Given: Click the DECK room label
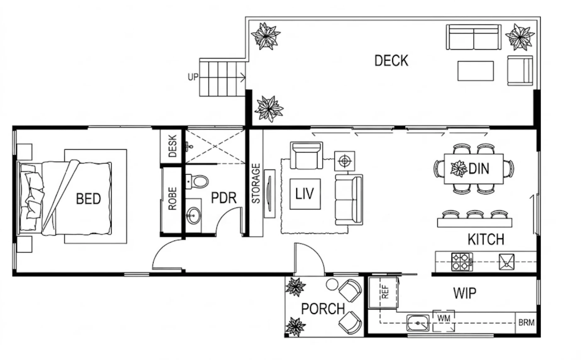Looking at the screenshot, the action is pyautogui.click(x=391, y=61).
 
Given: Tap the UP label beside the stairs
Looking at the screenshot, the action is pyautogui.click(x=193, y=77).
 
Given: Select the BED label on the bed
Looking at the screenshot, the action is pyautogui.click(x=88, y=199).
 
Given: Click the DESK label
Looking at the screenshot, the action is pyautogui.click(x=173, y=146).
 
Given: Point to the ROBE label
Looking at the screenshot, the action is pyautogui.click(x=173, y=199).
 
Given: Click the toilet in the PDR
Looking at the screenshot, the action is pyautogui.click(x=197, y=182).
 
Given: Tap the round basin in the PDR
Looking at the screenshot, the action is pyautogui.click(x=193, y=215).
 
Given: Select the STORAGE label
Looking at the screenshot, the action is pyautogui.click(x=256, y=183).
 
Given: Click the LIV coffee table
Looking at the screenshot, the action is pyautogui.click(x=305, y=194).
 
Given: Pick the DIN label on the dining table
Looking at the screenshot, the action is pyautogui.click(x=479, y=169).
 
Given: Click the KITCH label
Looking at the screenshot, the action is pyautogui.click(x=486, y=239).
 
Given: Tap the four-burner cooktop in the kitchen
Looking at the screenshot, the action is pyautogui.click(x=462, y=262).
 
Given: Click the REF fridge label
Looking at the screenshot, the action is pyautogui.click(x=386, y=292).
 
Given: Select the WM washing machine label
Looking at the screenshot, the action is pyautogui.click(x=444, y=318).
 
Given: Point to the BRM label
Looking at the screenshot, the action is pyautogui.click(x=526, y=323).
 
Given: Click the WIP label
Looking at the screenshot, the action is pyautogui.click(x=464, y=293).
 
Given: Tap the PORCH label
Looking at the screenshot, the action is pyautogui.click(x=323, y=309).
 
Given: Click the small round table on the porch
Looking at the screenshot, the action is pyautogui.click(x=332, y=285).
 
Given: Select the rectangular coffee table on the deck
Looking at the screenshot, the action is pyautogui.click(x=476, y=71).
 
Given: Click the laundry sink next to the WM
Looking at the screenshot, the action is pyautogui.click(x=417, y=323).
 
